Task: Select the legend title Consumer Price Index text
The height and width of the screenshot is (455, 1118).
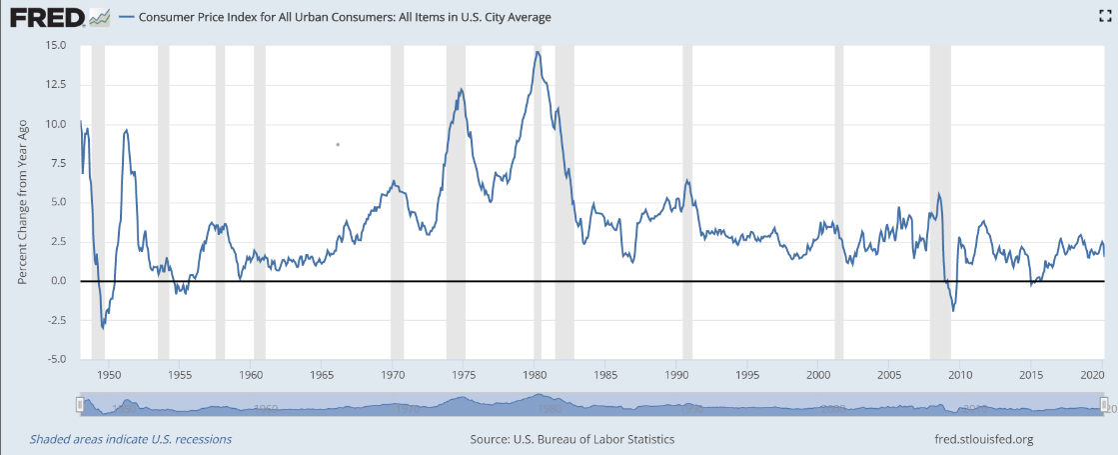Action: pos(344,17)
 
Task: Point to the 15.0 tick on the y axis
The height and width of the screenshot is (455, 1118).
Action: pos(55,46)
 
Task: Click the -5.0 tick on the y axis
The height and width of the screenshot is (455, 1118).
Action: pos(55,359)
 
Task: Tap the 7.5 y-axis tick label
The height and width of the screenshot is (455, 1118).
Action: pos(59,164)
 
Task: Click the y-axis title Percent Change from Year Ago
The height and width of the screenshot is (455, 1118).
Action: pos(21,202)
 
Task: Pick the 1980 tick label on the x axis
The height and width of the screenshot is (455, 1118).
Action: pos(535,375)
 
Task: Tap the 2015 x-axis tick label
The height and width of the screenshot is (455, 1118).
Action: pos(1031,375)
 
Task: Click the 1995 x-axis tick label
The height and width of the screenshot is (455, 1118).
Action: pos(747,375)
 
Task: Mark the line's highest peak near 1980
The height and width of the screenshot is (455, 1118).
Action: pos(538,52)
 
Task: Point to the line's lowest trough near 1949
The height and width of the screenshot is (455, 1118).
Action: pos(102,327)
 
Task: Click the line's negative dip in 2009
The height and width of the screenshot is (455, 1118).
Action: pos(953,310)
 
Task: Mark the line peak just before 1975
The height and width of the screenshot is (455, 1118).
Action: pos(461,89)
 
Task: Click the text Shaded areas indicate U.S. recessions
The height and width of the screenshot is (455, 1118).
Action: pos(130,439)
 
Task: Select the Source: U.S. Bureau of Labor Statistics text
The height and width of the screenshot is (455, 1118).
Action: pos(571,439)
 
